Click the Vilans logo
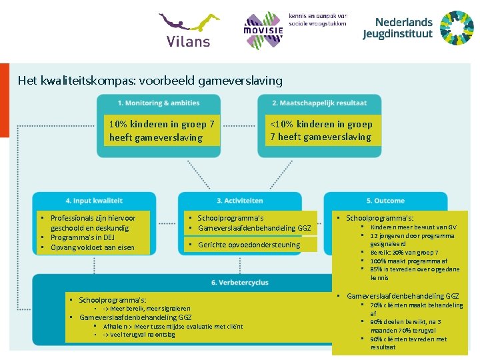click(x=189, y=30)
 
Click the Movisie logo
click(x=263, y=30)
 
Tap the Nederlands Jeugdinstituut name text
click(x=397, y=28)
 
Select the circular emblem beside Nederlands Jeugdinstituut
click(x=457, y=28)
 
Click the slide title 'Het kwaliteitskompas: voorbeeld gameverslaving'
click(x=150, y=81)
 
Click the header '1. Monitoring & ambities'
click(x=159, y=103)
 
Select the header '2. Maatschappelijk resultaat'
click(x=319, y=103)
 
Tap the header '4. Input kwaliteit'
click(x=94, y=201)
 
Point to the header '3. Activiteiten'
click(x=239, y=201)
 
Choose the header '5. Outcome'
click(x=385, y=201)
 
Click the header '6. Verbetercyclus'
click(x=239, y=283)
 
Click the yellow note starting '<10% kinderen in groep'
click(x=321, y=130)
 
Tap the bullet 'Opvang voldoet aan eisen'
click(x=92, y=248)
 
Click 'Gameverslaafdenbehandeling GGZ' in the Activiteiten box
click(x=254, y=228)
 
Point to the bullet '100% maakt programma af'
click(x=409, y=261)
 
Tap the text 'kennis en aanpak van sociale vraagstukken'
click(x=318, y=19)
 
